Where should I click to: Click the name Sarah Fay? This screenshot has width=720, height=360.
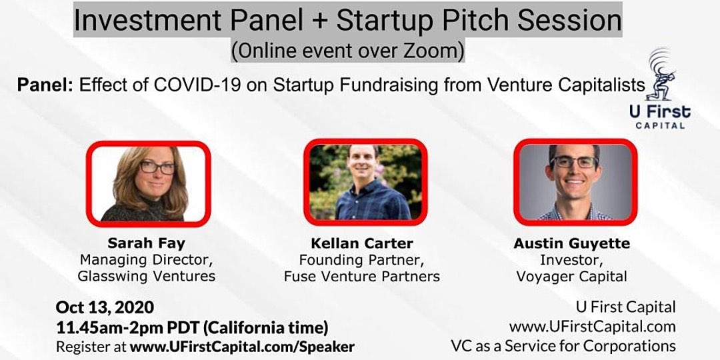pyautogui.click(x=147, y=243)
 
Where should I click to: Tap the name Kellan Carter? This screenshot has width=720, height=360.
pyautogui.click(x=362, y=243)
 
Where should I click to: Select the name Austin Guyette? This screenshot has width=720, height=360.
pyautogui.click(x=572, y=243)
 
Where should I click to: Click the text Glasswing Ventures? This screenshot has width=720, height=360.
pyautogui.click(x=147, y=276)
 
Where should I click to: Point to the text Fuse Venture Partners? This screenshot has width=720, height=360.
pyautogui.click(x=362, y=277)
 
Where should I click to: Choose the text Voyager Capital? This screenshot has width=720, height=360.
pyautogui.click(x=572, y=277)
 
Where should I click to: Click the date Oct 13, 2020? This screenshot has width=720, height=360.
pyautogui.click(x=105, y=307)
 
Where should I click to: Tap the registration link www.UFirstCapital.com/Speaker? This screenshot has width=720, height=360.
pyautogui.click(x=242, y=346)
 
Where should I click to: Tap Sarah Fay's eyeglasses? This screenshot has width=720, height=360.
pyautogui.click(x=157, y=167)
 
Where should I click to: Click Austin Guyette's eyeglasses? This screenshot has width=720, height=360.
pyautogui.click(x=574, y=163)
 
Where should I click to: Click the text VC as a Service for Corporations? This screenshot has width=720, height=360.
pyautogui.click(x=563, y=346)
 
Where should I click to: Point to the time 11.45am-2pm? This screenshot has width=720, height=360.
pyautogui.click(x=112, y=328)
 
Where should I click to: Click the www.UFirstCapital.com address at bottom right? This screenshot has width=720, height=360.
pyautogui.click(x=593, y=327)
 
